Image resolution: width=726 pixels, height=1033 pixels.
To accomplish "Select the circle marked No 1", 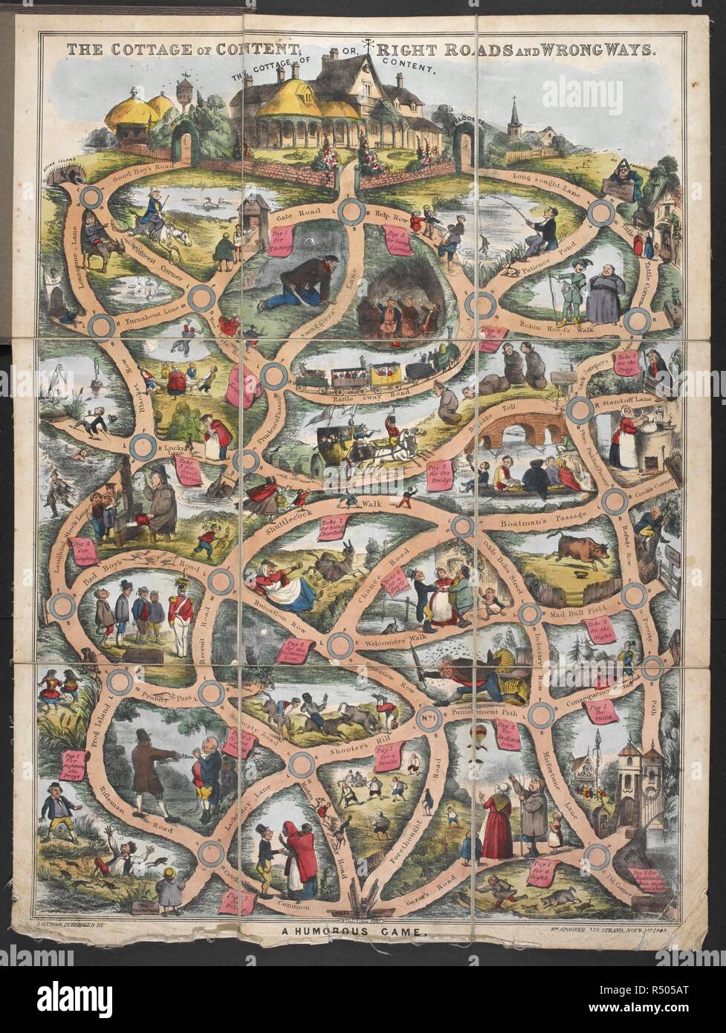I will pyautogui.click(x=427, y=722).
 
